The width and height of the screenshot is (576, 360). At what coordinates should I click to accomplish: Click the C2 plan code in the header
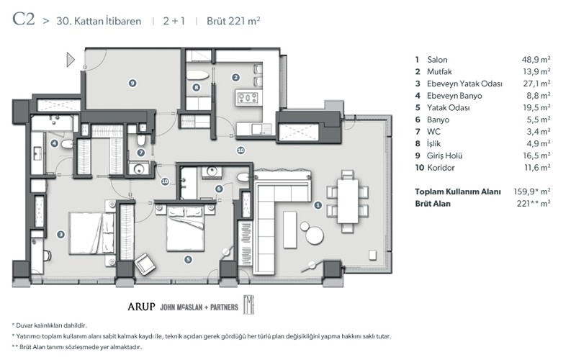(23, 19)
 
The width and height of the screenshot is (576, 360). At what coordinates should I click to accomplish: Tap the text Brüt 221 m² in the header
(234, 21)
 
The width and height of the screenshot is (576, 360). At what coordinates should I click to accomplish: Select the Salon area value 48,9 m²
(536, 60)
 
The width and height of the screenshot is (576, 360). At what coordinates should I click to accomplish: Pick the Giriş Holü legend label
(444, 156)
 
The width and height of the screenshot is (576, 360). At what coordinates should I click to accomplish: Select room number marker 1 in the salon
(318, 204)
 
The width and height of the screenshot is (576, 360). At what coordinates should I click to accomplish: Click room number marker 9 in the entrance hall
(132, 84)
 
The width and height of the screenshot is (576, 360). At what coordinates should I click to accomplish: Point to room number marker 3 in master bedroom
(60, 233)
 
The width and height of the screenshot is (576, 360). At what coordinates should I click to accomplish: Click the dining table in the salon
(347, 194)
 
